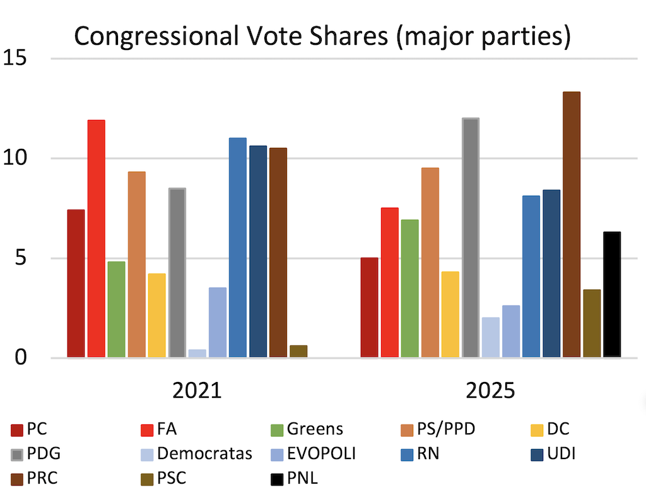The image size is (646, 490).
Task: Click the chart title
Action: coord(322,37)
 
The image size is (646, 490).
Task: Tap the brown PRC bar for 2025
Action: coord(572,225)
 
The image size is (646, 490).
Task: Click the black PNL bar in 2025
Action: coord(612,295)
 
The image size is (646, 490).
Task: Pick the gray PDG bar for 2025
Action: coord(471,238)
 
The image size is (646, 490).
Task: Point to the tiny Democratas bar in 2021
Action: coord(197,354)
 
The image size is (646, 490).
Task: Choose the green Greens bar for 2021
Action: coord(116,309)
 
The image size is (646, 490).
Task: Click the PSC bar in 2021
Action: coord(298,352)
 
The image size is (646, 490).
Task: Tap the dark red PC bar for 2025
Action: coord(369,308)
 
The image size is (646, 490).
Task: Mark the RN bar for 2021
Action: coord(237,248)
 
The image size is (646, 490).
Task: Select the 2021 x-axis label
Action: coord(197,391)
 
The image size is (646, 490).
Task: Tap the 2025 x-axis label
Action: coord(491,391)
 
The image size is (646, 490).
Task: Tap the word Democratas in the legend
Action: coord(205,453)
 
